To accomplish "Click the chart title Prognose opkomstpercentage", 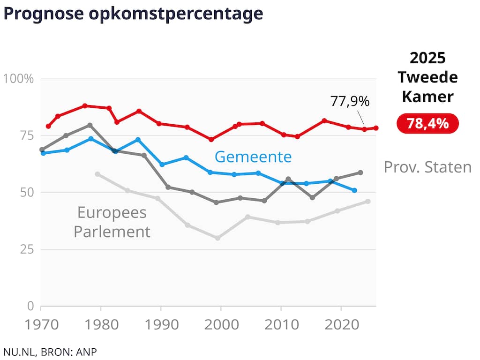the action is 133,14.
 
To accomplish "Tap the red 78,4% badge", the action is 427,123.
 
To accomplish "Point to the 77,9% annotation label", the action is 350,101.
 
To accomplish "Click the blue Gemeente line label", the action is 253,157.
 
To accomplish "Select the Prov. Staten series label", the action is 427,167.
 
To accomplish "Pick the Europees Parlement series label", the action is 112,222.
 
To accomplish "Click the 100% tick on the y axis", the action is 18,79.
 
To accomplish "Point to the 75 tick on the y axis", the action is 27,135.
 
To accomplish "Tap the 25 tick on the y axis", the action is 27,249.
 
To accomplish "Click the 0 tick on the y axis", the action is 30,306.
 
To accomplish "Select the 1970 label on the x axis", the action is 41,325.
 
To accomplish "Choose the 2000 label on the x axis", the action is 221,325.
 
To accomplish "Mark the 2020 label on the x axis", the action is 342,325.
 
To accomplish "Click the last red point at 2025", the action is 376,128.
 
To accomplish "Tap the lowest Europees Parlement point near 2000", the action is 217,238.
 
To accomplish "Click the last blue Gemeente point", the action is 354,190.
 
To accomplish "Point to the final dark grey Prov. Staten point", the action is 360,172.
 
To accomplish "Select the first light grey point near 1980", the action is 97,174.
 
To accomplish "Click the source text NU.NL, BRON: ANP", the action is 50,352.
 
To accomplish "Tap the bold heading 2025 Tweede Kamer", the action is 427,77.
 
